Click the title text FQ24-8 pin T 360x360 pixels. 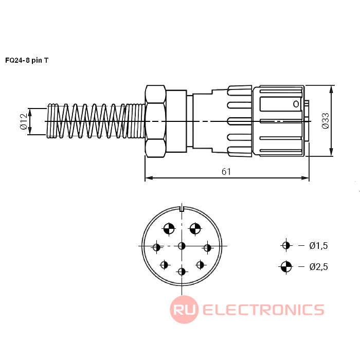pyautogui.click(x=27, y=60)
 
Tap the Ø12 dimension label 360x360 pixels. pyautogui.click(x=24, y=121)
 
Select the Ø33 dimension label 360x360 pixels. pyautogui.click(x=326, y=121)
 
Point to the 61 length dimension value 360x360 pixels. pyautogui.click(x=226, y=171)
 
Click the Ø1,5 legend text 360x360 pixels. pyautogui.click(x=318, y=246)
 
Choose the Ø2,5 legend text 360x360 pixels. pyautogui.click(x=318, y=267)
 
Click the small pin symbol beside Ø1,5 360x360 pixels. pyautogui.click(x=286, y=245)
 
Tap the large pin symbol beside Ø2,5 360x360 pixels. pyautogui.click(x=286, y=267)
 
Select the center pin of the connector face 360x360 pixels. pyautogui.click(x=182, y=246)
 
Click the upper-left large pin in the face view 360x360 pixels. pyautogui.click(x=169, y=229)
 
